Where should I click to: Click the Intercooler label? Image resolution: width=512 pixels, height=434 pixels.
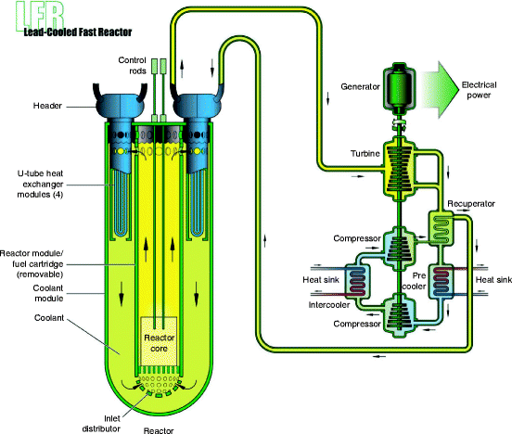click(x=332, y=303)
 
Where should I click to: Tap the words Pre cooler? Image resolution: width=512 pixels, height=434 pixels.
click(x=425, y=282)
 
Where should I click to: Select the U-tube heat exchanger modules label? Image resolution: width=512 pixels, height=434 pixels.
click(x=53, y=181)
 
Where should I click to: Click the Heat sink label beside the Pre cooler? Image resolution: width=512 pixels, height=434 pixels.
click(x=492, y=280)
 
